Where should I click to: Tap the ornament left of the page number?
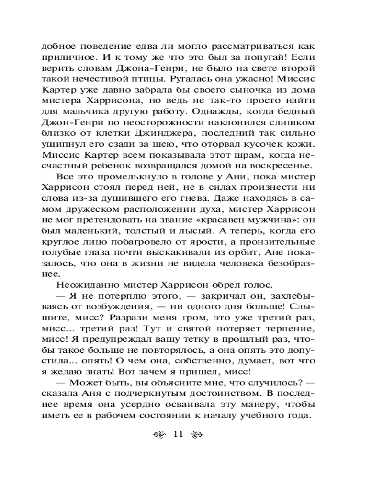pos(159,434)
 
